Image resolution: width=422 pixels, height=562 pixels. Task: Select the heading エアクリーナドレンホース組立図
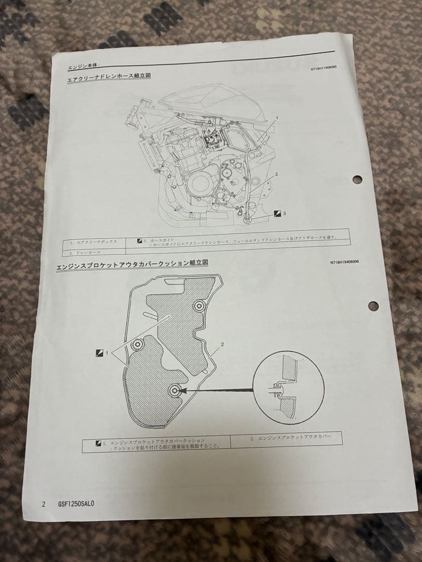pyautogui.click(x=109, y=79)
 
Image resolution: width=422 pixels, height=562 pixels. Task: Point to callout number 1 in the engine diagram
pyautogui.click(x=277, y=118)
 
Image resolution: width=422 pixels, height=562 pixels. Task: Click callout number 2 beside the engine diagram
pyautogui.click(x=276, y=175)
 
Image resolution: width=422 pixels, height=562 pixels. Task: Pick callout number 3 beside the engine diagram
pyautogui.click(x=284, y=213)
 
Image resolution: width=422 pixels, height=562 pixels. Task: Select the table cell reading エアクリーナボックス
pyautogui.click(x=96, y=242)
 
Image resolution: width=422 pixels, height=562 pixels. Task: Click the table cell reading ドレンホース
pyautogui.click(x=88, y=252)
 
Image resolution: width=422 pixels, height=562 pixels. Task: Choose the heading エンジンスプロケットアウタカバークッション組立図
pyautogui.click(x=132, y=264)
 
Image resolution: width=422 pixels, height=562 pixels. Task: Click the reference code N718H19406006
pyautogui.click(x=344, y=262)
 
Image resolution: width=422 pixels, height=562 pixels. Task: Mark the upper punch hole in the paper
pyautogui.click(x=357, y=180)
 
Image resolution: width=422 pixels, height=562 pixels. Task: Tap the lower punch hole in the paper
pyautogui.click(x=373, y=306)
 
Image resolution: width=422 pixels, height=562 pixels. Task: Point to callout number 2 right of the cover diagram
pyautogui.click(x=222, y=344)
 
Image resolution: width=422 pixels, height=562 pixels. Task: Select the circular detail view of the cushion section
pyautogui.click(x=288, y=387)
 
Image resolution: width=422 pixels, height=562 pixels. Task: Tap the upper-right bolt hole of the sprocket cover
pyautogui.click(x=198, y=307)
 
